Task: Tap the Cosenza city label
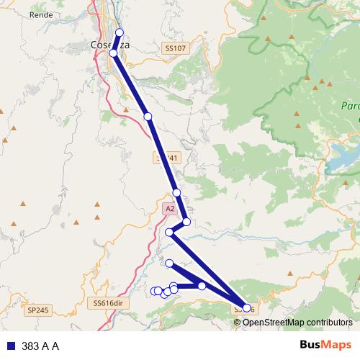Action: coord(109,45)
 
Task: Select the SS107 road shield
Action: coord(174,48)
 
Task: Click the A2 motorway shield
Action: coord(169,209)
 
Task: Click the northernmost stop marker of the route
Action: coord(120,32)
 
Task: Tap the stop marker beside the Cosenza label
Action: coord(113,53)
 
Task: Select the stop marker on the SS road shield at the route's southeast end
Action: coord(247,308)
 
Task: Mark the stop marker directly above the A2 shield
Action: coord(176,192)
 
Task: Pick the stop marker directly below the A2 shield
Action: coord(170,232)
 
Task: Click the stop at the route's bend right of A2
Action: coord(186,221)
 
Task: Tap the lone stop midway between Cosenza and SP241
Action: coord(148,116)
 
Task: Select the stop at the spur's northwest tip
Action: coord(171,264)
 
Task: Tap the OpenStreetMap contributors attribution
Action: coord(297,322)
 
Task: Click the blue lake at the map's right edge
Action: coord(346,161)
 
